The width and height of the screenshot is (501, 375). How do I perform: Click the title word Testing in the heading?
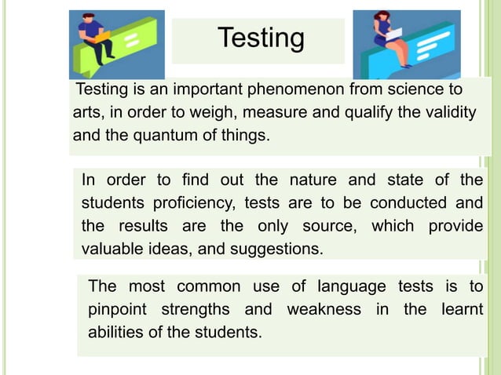click(260, 37)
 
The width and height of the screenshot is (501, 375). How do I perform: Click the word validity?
click(448, 112)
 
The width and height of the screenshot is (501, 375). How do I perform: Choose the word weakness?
click(324, 308)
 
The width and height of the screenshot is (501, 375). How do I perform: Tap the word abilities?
click(115, 331)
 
